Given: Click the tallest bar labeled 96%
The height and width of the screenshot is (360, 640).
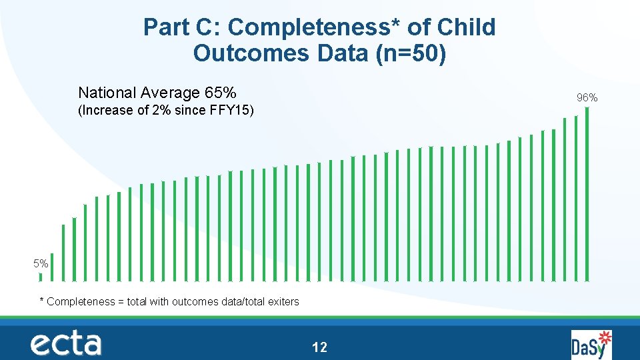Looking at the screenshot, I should click(x=587, y=193).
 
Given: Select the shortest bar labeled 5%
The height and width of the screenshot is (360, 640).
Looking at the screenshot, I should click(x=41, y=277).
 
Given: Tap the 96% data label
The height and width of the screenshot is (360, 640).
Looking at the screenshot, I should click(x=587, y=98).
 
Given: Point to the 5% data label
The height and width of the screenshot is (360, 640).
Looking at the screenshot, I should click(x=41, y=264).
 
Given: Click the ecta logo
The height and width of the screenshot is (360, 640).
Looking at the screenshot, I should click(x=65, y=343).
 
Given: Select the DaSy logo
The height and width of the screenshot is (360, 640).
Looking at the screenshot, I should click(x=591, y=344).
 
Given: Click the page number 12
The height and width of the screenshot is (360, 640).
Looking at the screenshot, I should click(x=319, y=347).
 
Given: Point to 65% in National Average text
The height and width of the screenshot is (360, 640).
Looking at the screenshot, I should click(x=221, y=92).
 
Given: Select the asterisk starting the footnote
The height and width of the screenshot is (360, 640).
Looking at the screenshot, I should click(x=42, y=301).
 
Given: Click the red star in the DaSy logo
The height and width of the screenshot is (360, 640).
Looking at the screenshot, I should click(x=605, y=336).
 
